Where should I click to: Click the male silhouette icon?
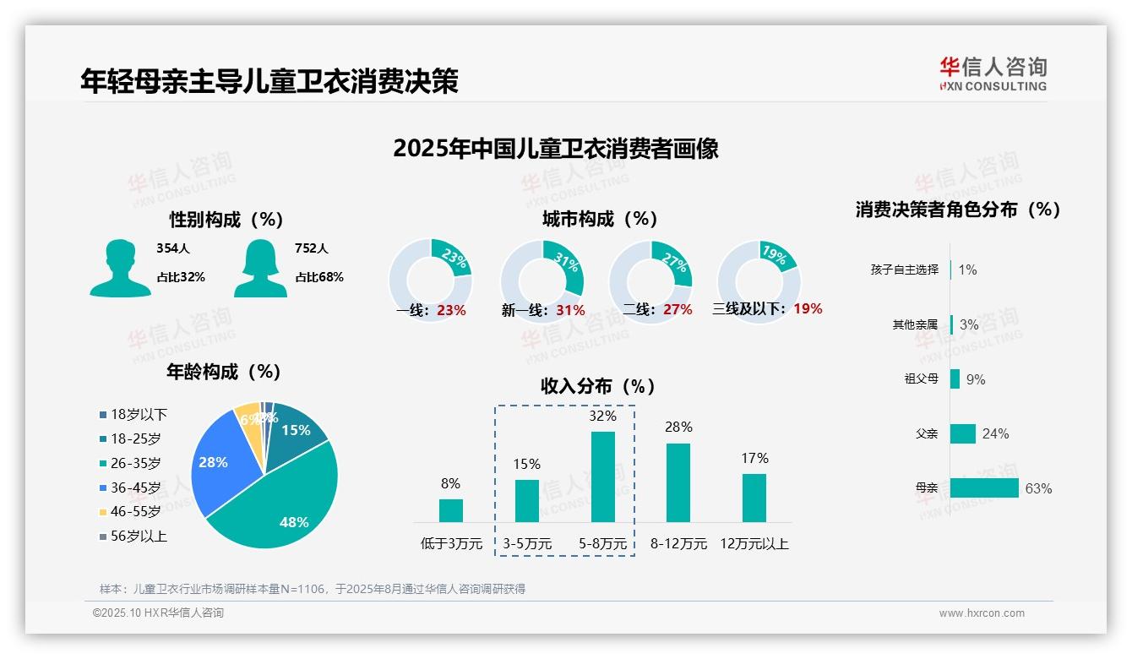pos(120,268)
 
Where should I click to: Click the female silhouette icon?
pos(260,268)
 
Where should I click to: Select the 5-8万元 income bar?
pos(602,477)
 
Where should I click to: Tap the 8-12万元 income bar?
pos(678,482)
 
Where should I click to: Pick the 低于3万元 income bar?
pos(450,510)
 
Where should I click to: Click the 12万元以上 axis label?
pos(754,544)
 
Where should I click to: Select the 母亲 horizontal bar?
pos(984,488)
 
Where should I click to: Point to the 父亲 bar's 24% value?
pos(995,433)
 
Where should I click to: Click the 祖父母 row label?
pos(921,379)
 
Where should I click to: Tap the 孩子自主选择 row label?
pos(904,270)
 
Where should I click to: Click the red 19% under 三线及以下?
pos(808,308)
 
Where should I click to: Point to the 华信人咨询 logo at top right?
pos(993,74)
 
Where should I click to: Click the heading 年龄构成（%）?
pos(223,372)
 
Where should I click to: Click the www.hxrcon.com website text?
pos(982,613)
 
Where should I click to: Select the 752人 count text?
pos(312,248)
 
